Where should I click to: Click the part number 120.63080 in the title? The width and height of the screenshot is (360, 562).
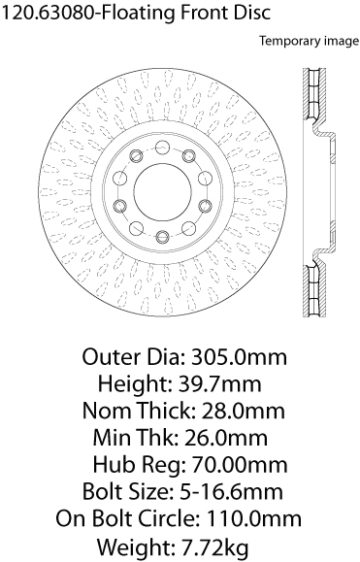[49, 13]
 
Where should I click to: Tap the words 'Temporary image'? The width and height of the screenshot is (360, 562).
[310, 41]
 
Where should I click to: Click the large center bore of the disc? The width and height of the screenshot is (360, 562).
[162, 192]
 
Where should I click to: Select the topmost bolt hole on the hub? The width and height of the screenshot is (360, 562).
[162, 147]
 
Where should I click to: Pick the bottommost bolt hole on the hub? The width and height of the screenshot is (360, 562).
[163, 236]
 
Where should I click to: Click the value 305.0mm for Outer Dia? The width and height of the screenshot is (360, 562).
[239, 357]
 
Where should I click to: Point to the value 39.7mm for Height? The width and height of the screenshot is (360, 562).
[219, 383]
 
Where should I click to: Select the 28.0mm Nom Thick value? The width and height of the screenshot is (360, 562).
[243, 411]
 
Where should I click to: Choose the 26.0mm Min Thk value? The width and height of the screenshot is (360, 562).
[225, 438]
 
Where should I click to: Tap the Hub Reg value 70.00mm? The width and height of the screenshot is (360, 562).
[240, 465]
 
